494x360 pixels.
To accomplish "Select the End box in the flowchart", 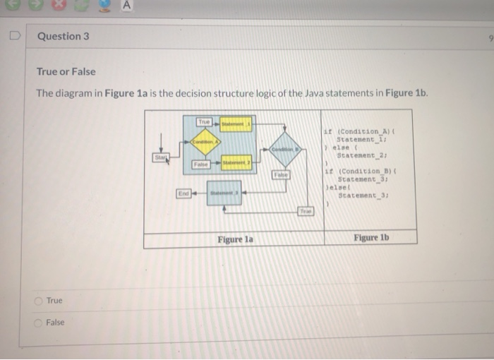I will click(x=183, y=192).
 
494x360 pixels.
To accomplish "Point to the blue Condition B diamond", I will click(x=284, y=150).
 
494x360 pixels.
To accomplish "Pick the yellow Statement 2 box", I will click(x=236, y=164).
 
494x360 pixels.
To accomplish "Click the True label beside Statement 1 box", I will click(x=204, y=123).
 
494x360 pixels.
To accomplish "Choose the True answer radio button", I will click(x=40, y=301).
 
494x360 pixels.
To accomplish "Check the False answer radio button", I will click(x=40, y=323).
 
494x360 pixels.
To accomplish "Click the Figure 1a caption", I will click(x=235, y=239).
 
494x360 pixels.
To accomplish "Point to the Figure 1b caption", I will click(x=370, y=238).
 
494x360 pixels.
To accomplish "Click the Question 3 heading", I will click(x=64, y=36).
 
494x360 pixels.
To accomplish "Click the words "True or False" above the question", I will click(x=66, y=72).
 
